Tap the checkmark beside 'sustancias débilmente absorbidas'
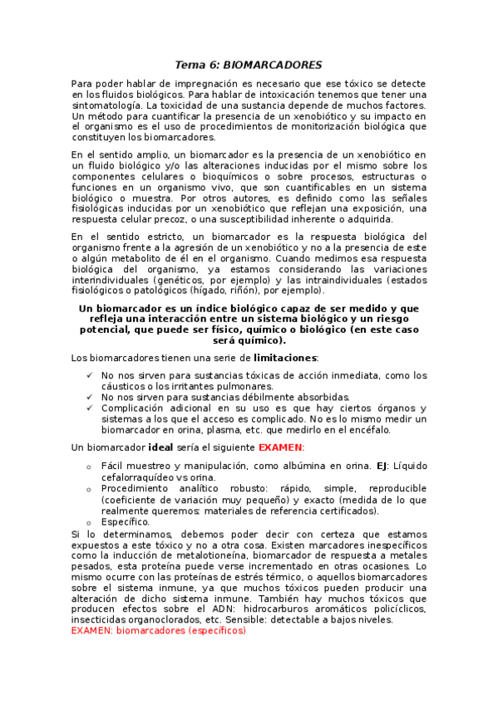coord(89,397)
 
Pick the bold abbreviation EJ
coord(382,466)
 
